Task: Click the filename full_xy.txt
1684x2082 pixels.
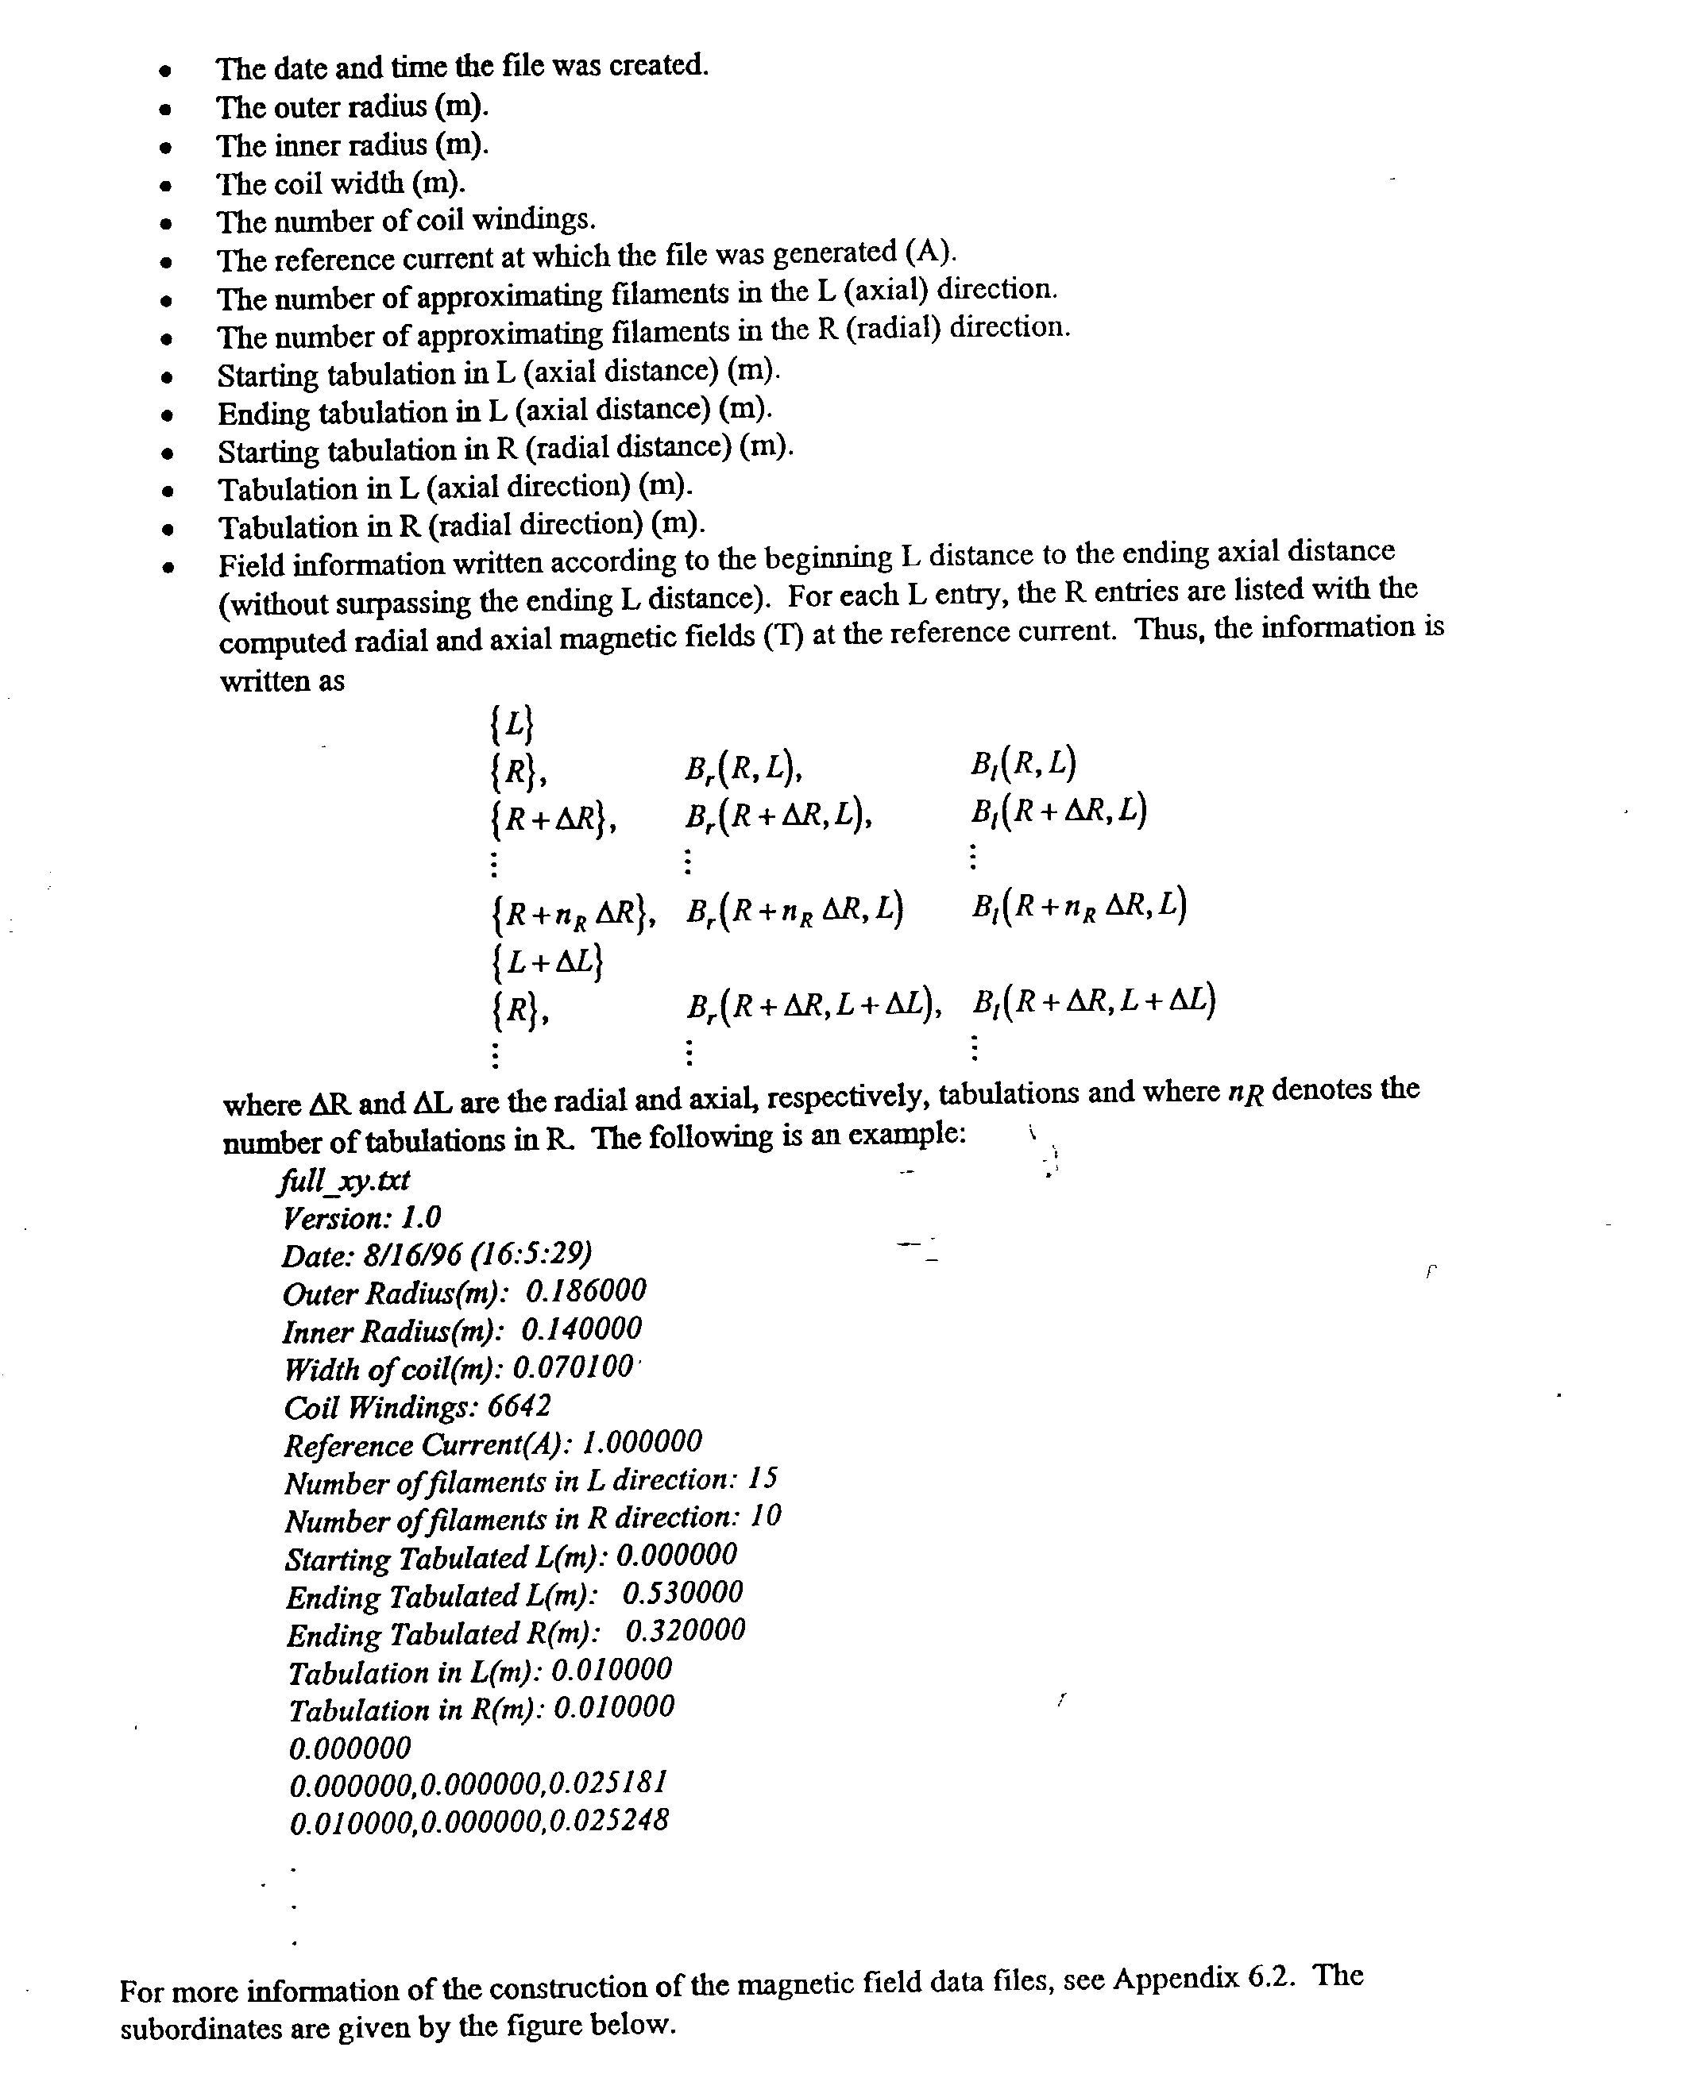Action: pos(346,1180)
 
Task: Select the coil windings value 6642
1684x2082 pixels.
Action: pos(518,1405)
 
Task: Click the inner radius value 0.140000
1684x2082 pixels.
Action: pos(581,1328)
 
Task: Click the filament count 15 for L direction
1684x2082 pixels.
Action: pos(763,1478)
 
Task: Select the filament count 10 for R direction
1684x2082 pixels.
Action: pos(766,1516)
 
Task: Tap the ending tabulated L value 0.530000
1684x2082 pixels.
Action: pos(682,1592)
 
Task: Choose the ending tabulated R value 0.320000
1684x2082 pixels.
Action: pos(685,1630)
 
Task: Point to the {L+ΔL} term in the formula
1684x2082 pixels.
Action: pos(547,961)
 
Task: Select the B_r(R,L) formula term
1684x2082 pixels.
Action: pos(742,769)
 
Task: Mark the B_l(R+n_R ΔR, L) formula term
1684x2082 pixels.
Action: pos(1078,906)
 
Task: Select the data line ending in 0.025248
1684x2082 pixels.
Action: pos(479,1821)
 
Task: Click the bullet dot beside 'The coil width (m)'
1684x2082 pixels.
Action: pos(168,185)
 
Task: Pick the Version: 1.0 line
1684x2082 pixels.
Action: pos(362,1218)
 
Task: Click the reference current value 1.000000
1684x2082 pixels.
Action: pos(641,1442)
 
